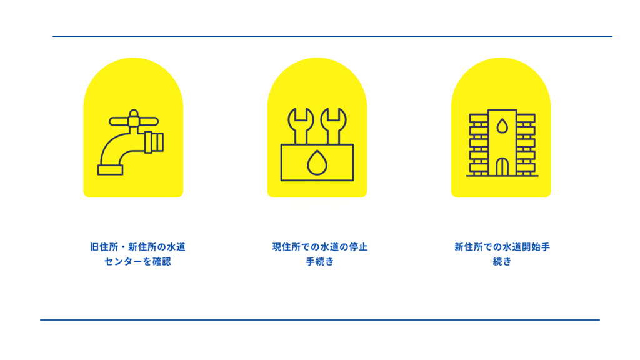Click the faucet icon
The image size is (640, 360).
pyautogui.click(x=131, y=142)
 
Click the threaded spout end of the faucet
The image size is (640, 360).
pyautogui.click(x=154, y=142)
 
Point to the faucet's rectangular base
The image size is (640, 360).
pyautogui.click(x=110, y=170)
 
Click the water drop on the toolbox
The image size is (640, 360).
pyautogui.click(x=317, y=162)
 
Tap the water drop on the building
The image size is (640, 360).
pyautogui.click(x=502, y=126)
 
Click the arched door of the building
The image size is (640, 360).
pyautogui.click(x=502, y=167)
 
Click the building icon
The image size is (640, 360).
pyautogui.click(x=502, y=143)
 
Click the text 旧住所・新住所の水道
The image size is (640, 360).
pyautogui.click(x=137, y=247)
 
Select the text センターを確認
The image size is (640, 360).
pyautogui.click(x=137, y=262)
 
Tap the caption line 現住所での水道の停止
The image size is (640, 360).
pyautogui.click(x=320, y=247)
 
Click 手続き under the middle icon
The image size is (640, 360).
pyautogui.click(x=320, y=262)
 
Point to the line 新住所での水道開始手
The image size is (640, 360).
pyautogui.click(x=502, y=247)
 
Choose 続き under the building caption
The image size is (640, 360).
pyautogui.click(x=502, y=262)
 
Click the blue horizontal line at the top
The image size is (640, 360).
pyautogui.click(x=332, y=37)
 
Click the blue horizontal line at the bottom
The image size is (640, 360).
pyautogui.click(x=320, y=320)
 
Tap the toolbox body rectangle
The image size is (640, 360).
pyautogui.click(x=317, y=162)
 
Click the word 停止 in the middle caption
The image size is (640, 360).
pyautogui.click(x=358, y=247)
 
